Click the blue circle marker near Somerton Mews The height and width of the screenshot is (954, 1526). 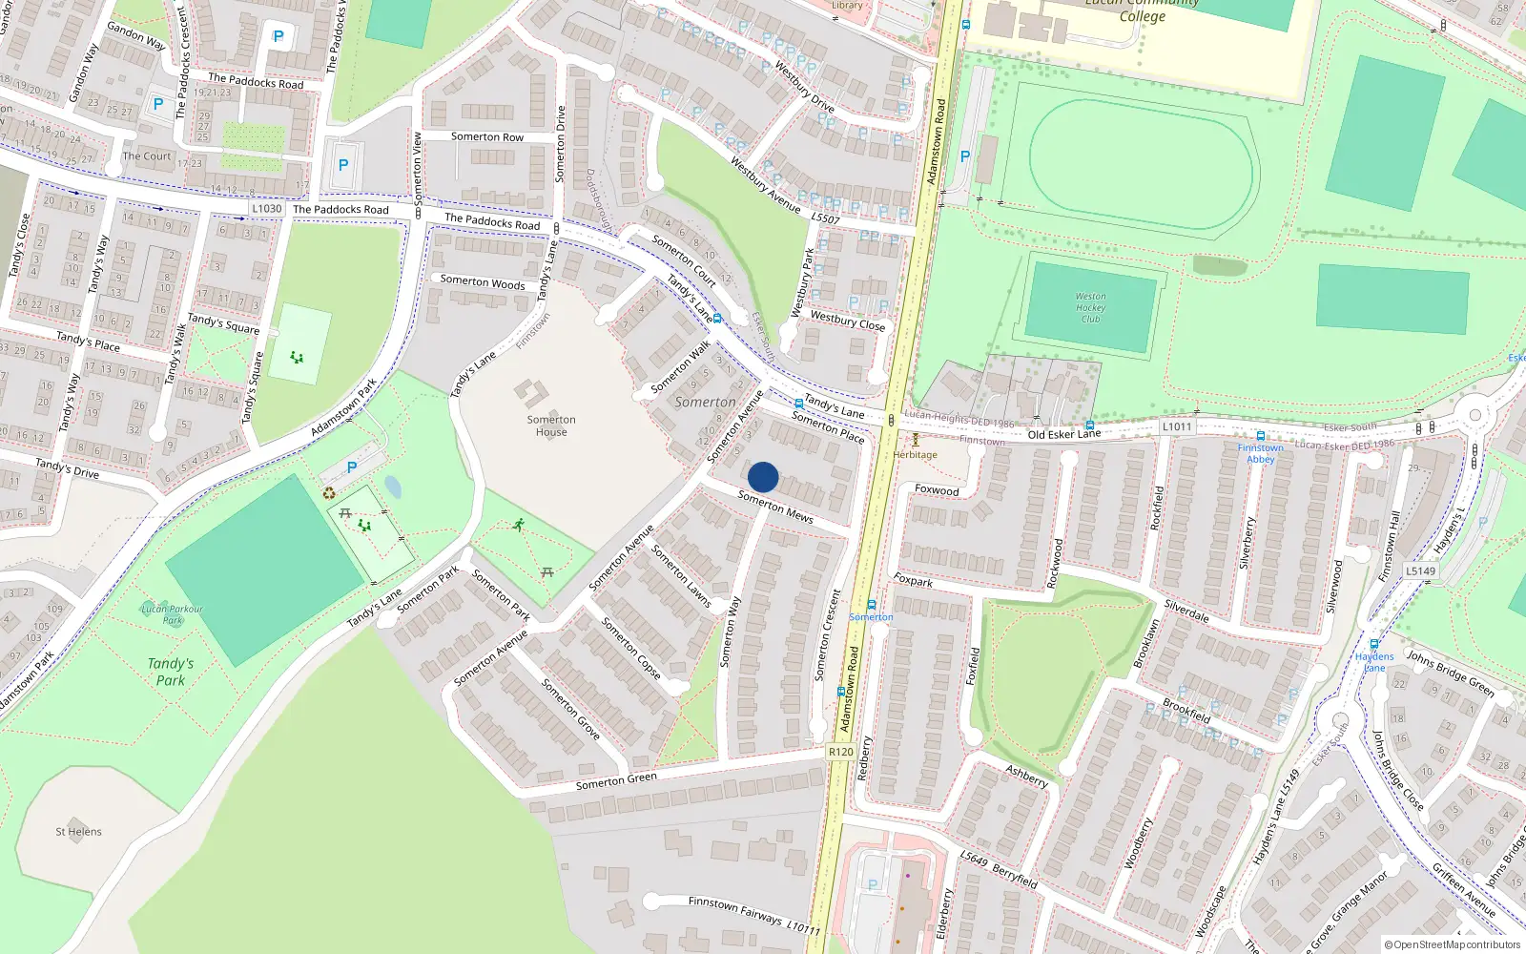763,477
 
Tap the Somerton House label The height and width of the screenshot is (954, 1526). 551,425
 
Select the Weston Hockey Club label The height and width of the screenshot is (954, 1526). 1090,307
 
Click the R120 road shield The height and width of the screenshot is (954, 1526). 840,752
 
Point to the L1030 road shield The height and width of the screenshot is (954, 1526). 267,208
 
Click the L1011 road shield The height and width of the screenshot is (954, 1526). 1177,426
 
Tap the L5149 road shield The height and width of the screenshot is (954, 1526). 1421,570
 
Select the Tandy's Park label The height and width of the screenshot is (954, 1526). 171,672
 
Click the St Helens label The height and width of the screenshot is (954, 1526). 78,832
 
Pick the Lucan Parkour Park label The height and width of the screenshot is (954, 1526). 172,613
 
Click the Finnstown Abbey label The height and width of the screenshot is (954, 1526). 1260,453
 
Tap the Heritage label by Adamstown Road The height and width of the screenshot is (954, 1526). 916,455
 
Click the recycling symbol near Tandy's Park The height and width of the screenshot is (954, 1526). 329,493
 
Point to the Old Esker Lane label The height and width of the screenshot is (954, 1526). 1063,434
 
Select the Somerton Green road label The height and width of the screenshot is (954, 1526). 616,781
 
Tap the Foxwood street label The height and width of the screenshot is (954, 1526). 937,490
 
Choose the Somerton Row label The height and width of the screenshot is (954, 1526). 487,137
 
